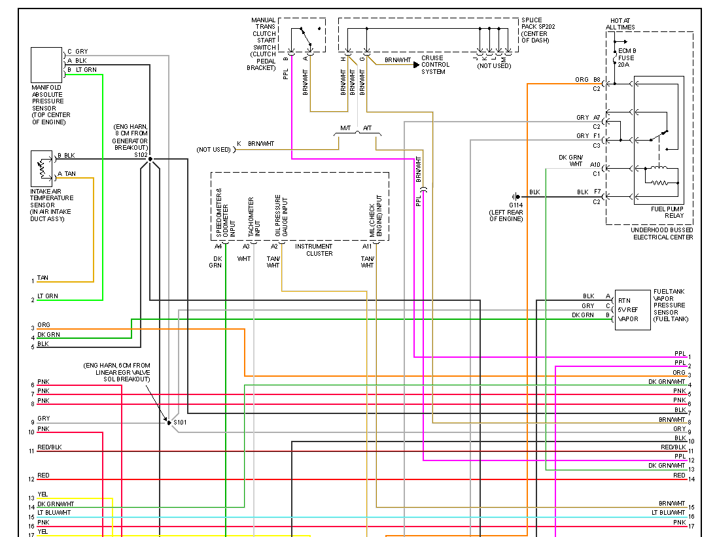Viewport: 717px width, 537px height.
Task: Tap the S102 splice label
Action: [141, 155]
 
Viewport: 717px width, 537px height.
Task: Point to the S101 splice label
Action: [180, 423]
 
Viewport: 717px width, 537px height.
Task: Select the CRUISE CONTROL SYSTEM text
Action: [435, 65]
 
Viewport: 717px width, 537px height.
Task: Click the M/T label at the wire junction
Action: [345, 128]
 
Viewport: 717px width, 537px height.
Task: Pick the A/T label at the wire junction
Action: [367, 128]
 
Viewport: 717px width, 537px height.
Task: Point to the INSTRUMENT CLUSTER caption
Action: [314, 250]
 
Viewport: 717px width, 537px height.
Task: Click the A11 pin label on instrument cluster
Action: [367, 246]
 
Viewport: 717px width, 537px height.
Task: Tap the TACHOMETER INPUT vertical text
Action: [251, 217]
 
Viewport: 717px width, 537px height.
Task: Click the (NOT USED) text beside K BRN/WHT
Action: [213, 150]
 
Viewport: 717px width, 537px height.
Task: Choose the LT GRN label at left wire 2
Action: [47, 296]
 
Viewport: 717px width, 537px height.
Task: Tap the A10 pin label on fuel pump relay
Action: [595, 165]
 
